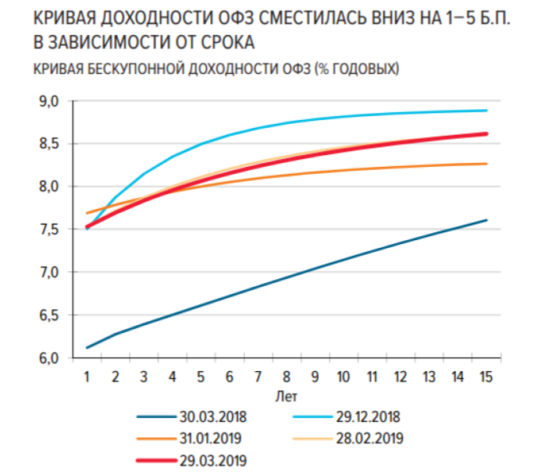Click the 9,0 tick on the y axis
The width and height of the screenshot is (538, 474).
48,101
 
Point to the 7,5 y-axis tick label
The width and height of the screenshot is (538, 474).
48,229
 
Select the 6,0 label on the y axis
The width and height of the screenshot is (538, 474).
48,358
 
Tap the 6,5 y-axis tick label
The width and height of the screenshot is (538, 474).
48,315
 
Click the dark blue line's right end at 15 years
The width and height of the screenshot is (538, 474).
486,220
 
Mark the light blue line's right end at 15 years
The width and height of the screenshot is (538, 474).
486,111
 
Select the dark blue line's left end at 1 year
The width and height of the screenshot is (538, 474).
87,348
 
